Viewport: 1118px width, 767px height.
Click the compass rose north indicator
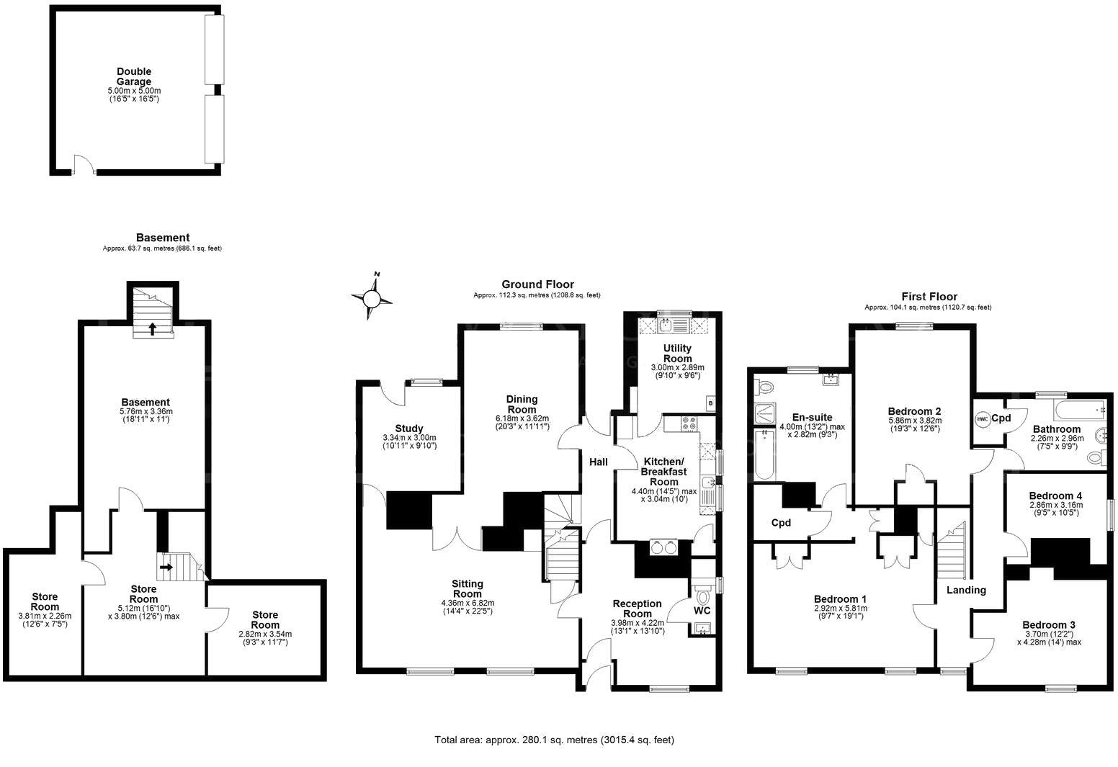click(x=372, y=297)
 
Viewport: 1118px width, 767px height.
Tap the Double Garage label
click(x=134, y=76)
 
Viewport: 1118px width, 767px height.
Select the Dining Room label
click(x=522, y=404)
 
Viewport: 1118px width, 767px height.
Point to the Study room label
click(x=409, y=429)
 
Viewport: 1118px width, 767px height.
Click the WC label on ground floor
click(x=702, y=611)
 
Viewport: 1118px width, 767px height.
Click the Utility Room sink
click(x=667, y=326)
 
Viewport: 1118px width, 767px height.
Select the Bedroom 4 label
click(x=1055, y=495)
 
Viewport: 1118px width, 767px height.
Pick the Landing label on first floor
click(x=966, y=590)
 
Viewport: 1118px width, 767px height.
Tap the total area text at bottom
click(x=554, y=740)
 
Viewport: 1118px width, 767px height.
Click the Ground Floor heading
click(x=537, y=284)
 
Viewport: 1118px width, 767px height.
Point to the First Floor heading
click(x=929, y=297)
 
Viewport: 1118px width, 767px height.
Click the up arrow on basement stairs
click(x=152, y=328)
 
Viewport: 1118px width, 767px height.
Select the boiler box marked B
click(x=711, y=403)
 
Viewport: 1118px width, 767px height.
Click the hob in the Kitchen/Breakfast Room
click(x=686, y=424)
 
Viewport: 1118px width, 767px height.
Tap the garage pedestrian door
click(x=84, y=166)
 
